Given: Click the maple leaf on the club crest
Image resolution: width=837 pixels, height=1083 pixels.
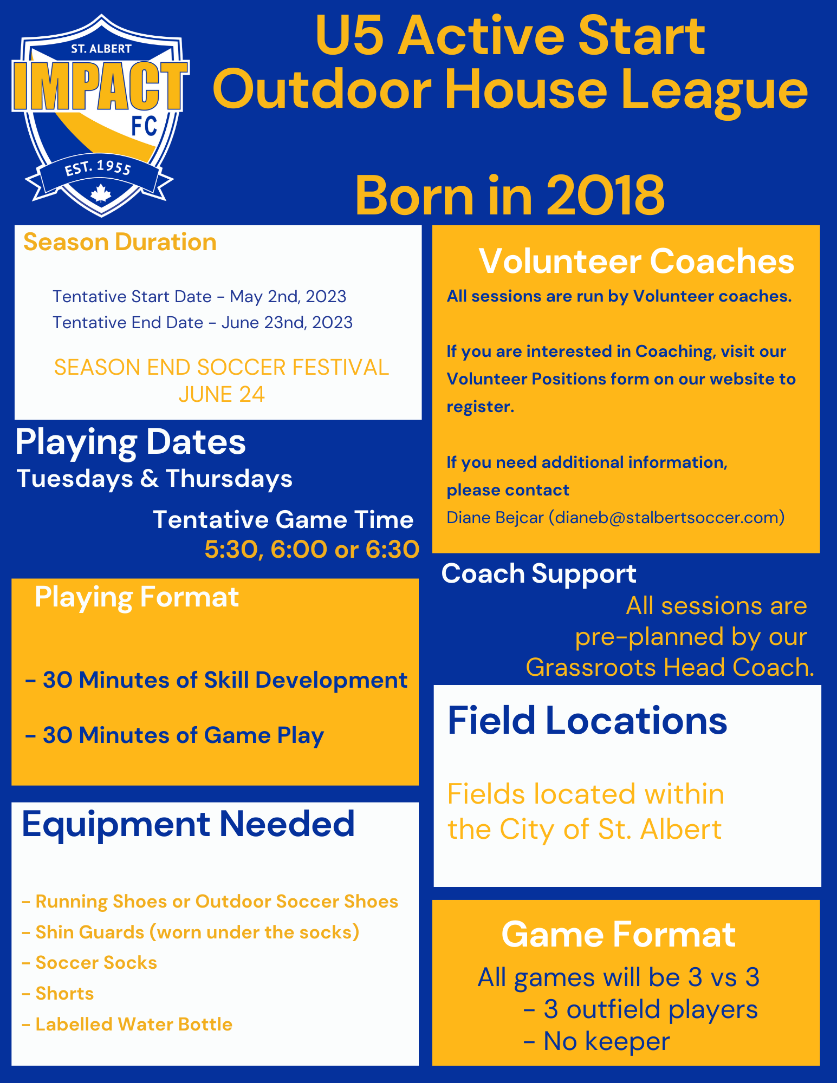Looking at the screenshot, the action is [x=101, y=193].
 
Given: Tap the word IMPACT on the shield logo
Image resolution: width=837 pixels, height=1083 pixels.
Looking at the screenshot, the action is [x=101, y=86].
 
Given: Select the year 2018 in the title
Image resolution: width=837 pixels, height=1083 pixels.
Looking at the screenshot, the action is [x=605, y=195].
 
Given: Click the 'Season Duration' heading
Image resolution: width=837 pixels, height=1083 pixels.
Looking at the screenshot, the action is [x=120, y=242].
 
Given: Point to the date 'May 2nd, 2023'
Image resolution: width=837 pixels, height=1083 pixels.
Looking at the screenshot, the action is [x=288, y=297].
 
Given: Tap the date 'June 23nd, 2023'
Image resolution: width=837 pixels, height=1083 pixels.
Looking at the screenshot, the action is [x=287, y=323].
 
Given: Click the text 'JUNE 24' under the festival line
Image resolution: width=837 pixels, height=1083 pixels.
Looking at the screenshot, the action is [x=221, y=395].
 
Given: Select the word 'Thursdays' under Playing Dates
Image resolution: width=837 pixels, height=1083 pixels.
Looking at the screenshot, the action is [x=229, y=479].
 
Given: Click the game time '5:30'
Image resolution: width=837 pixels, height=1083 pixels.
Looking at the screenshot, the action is [x=235, y=550].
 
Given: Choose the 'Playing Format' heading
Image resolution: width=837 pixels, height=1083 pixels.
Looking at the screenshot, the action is [x=137, y=598].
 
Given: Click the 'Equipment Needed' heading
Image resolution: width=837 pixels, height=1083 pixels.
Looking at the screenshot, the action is [x=188, y=825].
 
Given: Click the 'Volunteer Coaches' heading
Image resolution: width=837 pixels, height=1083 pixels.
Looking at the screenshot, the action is [x=637, y=262].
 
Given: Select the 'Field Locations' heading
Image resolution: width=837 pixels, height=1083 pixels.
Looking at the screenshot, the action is [x=587, y=721].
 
